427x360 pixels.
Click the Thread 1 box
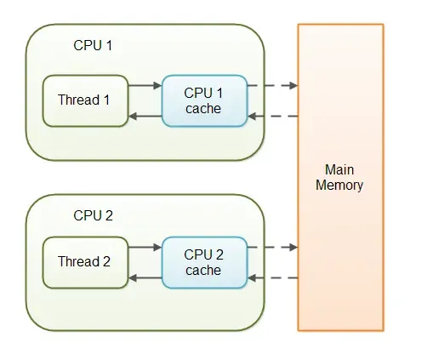pos(85,100)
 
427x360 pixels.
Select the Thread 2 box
pos(85,261)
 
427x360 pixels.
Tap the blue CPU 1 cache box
pos(204,100)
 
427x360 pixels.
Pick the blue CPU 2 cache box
pos(204,261)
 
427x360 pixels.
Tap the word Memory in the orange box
pos(339,185)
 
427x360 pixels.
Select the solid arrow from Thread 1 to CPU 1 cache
pos(145,85)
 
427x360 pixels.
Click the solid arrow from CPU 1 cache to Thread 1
pos(145,117)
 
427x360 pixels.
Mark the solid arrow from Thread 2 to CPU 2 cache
pos(145,247)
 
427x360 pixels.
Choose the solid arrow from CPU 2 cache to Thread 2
pos(145,278)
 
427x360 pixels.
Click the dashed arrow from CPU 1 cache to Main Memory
pos(272,85)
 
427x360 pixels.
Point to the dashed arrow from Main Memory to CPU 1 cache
pos(272,117)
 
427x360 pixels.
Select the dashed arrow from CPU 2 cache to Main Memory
pos(272,247)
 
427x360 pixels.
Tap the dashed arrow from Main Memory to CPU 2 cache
pos(272,278)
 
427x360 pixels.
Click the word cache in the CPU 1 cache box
pos(203,108)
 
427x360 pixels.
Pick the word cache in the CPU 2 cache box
pos(203,270)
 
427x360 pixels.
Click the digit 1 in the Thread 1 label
pos(106,100)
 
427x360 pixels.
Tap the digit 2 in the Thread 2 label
pos(106,261)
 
